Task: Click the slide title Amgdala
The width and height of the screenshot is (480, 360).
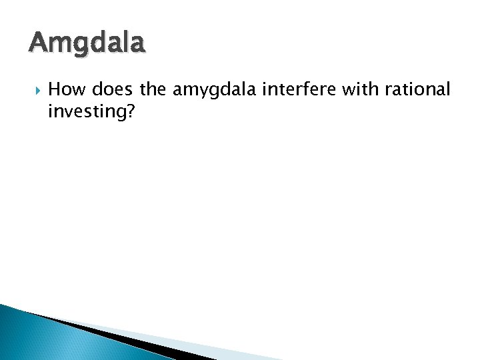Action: pyautogui.click(x=86, y=44)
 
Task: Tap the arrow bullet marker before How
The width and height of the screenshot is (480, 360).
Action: pyautogui.click(x=35, y=89)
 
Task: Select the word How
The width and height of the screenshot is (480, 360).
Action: pyautogui.click(x=65, y=89)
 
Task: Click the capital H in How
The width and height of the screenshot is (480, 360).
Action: pyautogui.click(x=55, y=89)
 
